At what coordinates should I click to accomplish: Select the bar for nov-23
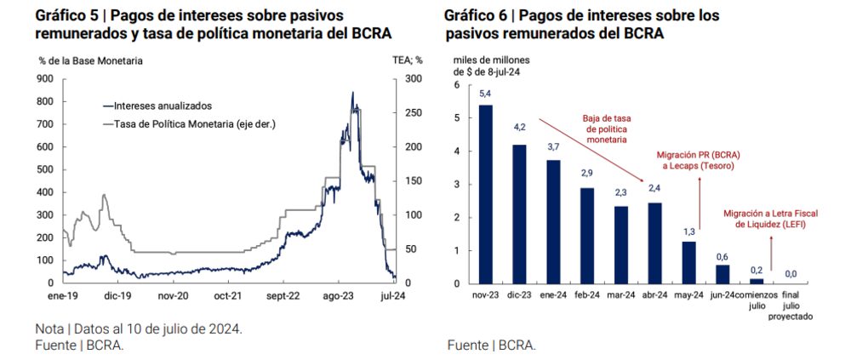(x=486, y=194)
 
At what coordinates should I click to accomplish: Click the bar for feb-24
(x=586, y=236)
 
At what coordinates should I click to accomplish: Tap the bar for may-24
(x=688, y=262)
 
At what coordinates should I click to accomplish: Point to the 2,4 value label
(x=654, y=188)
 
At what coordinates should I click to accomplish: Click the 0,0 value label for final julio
(x=791, y=274)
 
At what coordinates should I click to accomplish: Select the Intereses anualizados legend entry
(x=163, y=106)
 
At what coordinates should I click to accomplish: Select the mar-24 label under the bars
(x=620, y=294)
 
